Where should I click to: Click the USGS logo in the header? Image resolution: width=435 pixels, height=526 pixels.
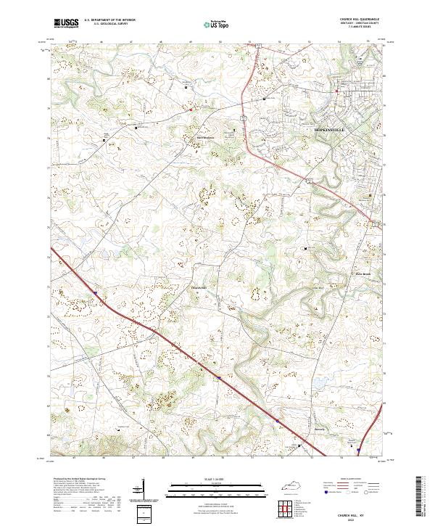point(65,22)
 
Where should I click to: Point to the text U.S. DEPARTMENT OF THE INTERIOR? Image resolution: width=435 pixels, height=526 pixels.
point(109,20)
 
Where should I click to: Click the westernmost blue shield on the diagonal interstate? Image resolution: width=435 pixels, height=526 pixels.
point(95,293)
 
